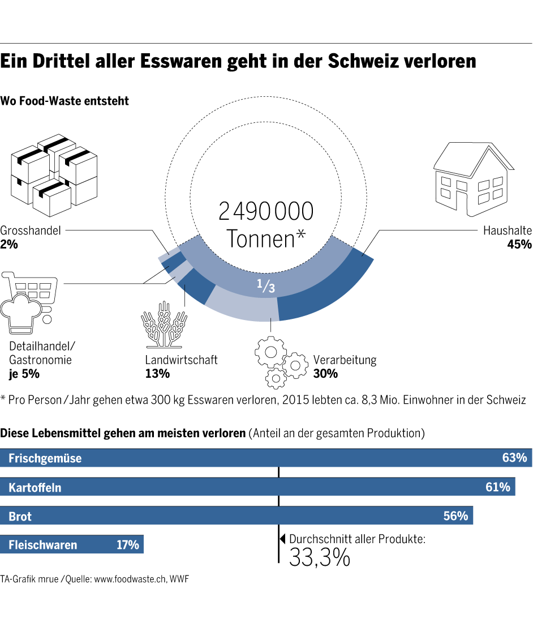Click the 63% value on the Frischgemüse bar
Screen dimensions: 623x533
514,458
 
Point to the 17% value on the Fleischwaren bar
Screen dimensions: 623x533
127,545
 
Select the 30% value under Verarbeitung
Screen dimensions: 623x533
325,374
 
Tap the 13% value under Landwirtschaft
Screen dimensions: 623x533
157,374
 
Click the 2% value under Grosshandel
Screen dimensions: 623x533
9,245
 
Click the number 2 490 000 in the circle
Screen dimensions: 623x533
266,211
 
